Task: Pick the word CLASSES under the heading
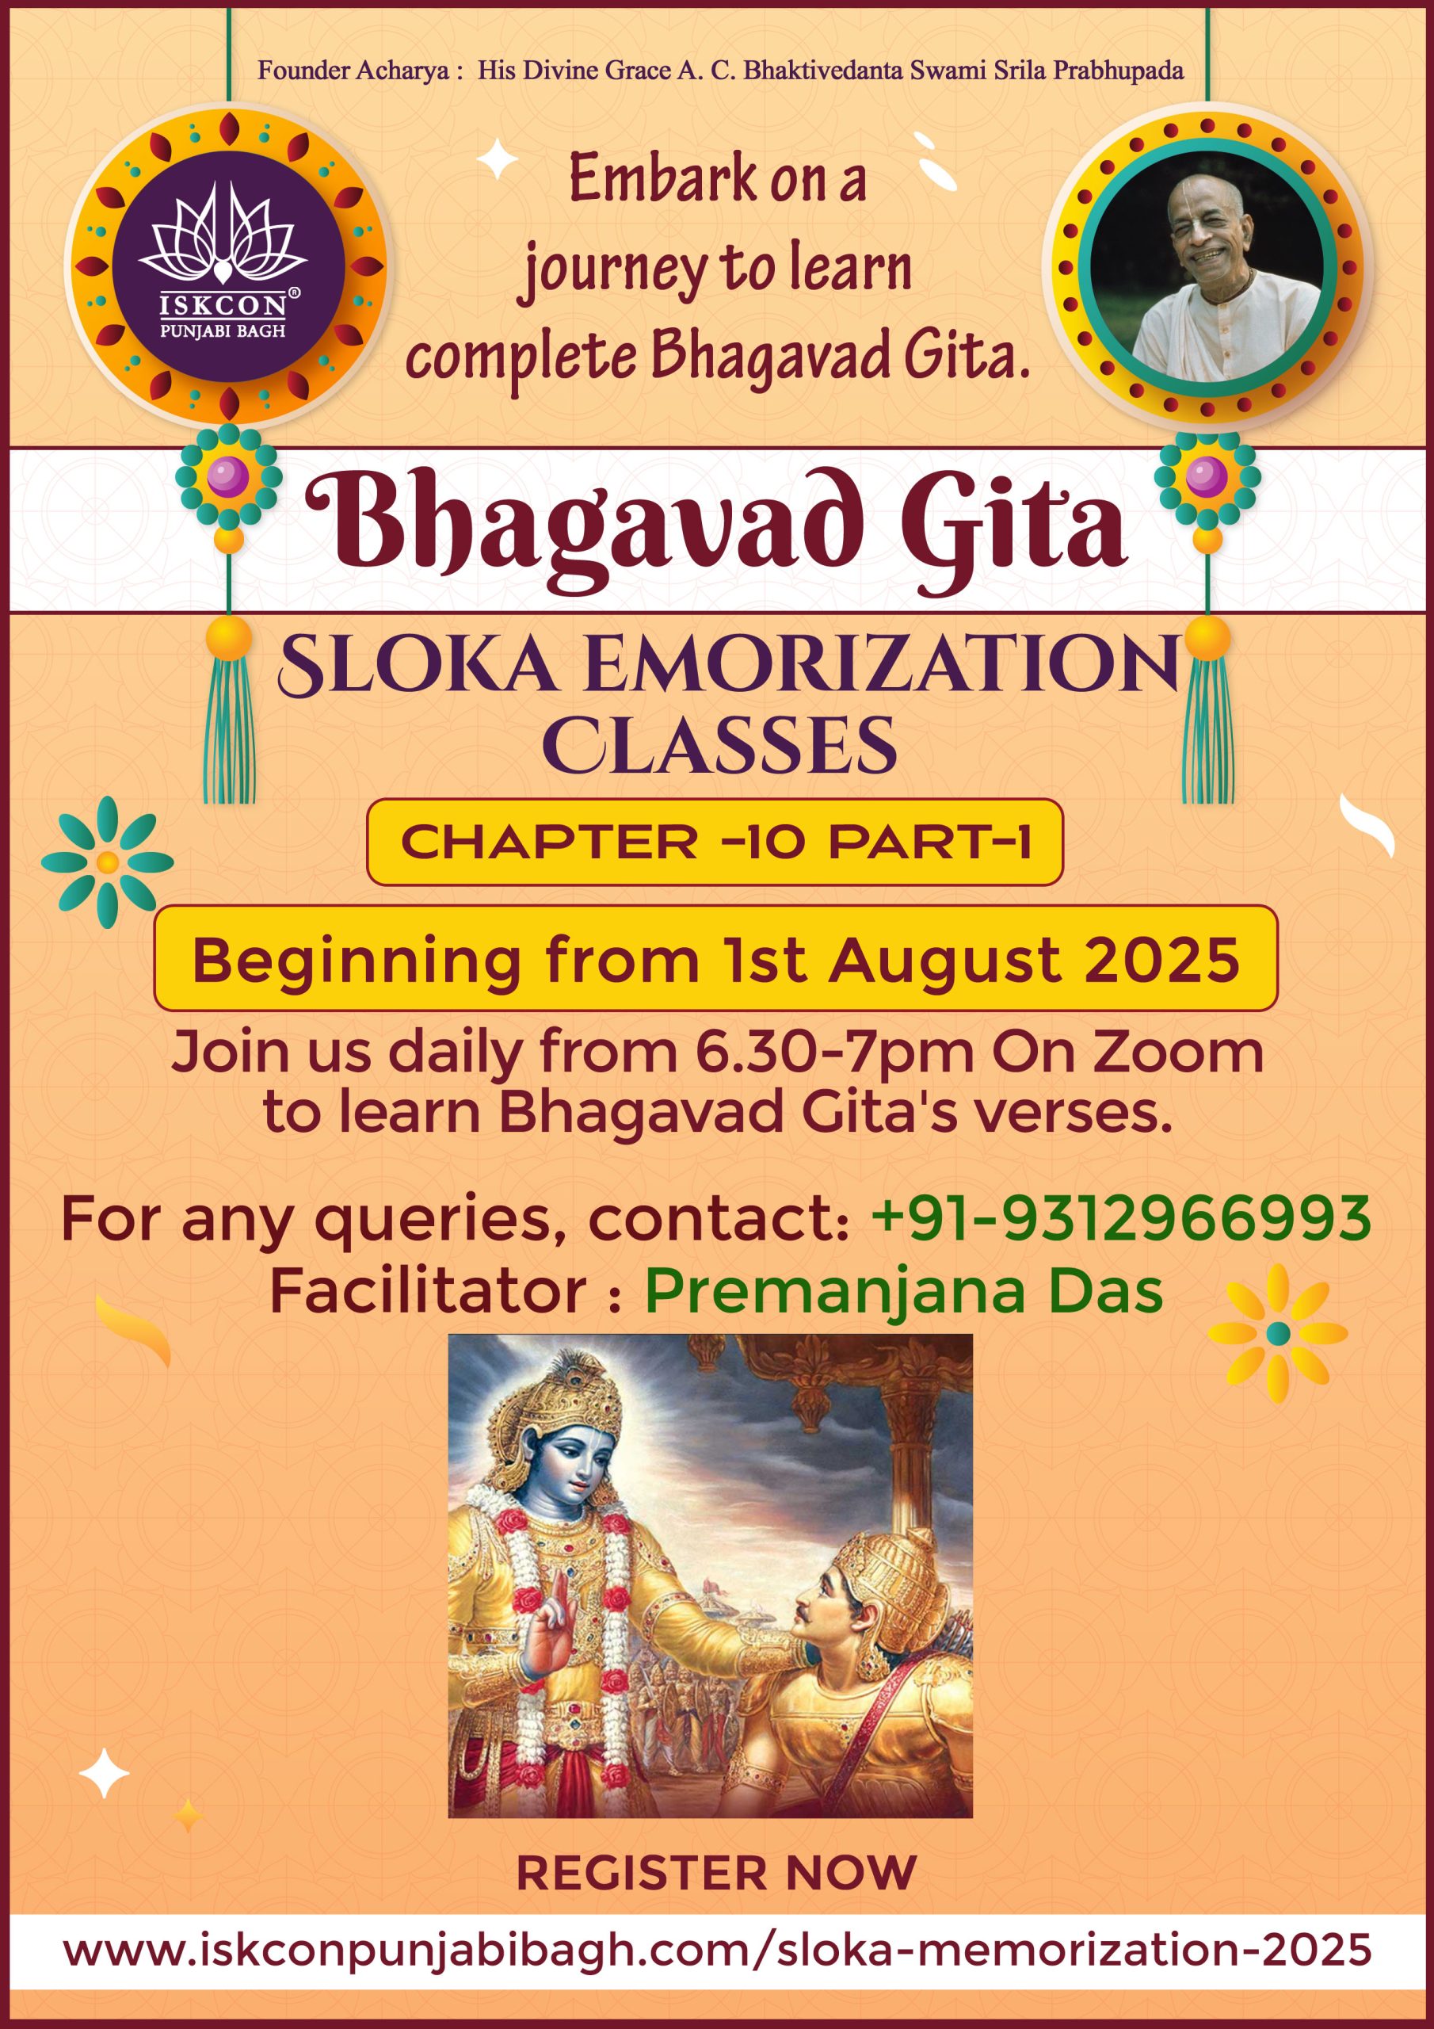pos(720,746)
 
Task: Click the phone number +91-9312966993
pos(1121,1219)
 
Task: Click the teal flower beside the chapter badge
pos(108,862)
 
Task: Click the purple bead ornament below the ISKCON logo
pos(228,478)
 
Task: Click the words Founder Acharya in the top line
pos(353,71)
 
